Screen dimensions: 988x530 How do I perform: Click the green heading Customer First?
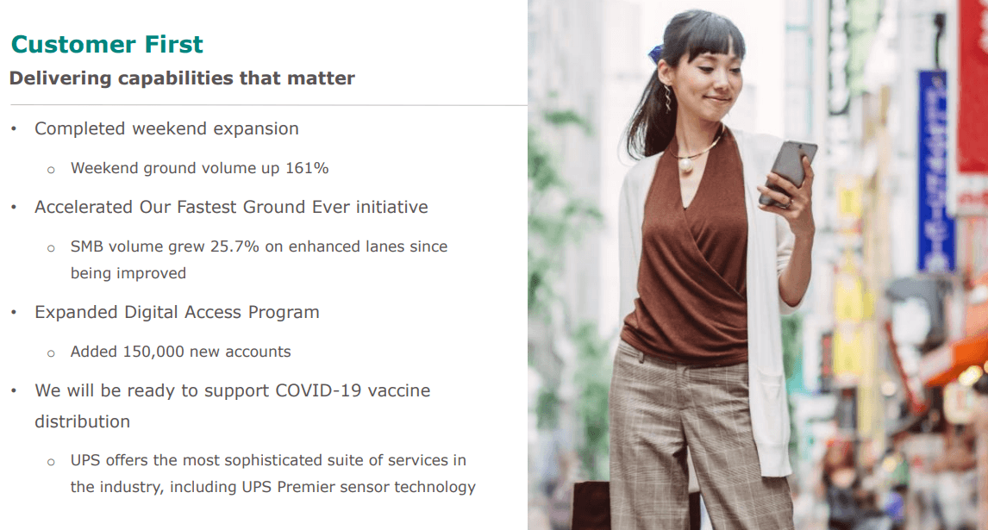(107, 44)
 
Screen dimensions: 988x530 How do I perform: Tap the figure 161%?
(307, 168)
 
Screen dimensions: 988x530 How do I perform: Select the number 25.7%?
(234, 246)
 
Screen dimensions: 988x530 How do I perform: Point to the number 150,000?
(153, 352)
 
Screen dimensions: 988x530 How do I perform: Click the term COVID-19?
(318, 390)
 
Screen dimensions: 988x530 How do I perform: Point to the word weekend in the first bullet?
(170, 128)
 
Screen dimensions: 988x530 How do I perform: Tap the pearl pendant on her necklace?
(685, 165)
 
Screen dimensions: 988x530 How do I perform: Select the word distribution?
(83, 421)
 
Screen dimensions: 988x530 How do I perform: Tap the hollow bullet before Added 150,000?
(51, 353)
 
